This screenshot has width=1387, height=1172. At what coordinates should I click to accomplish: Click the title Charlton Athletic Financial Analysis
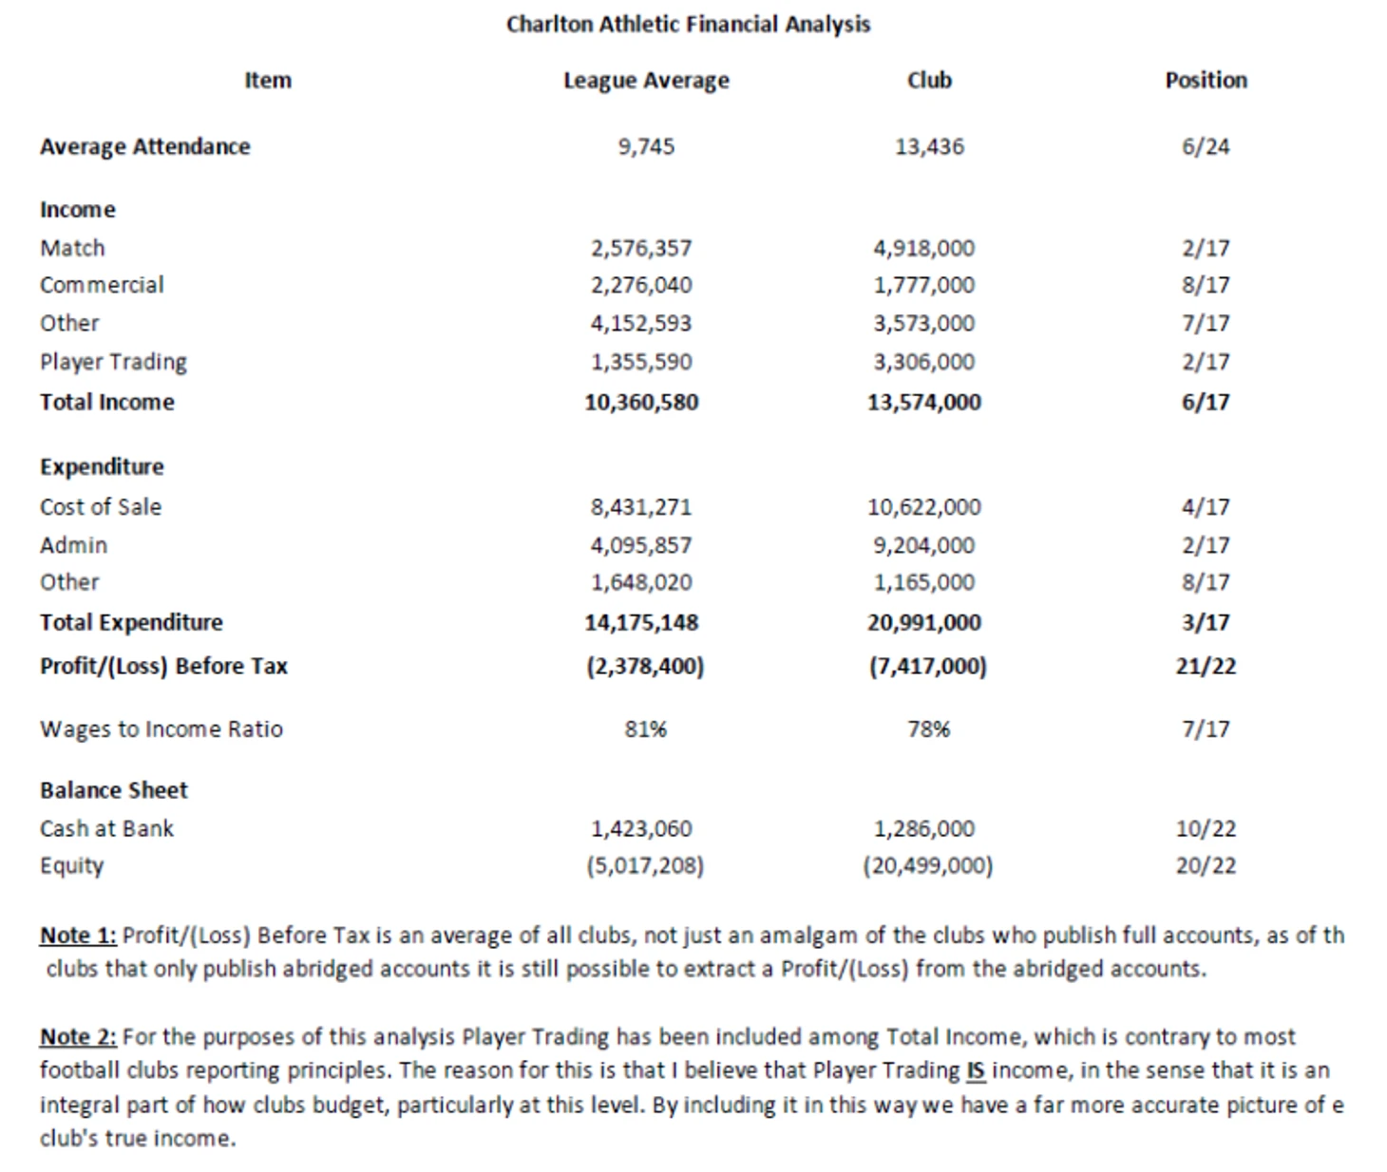pos(688,24)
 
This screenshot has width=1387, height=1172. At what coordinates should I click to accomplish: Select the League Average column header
pos(646,81)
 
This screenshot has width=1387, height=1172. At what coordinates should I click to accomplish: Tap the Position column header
pos(1206,81)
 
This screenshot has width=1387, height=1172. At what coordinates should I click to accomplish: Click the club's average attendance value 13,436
pos(928,147)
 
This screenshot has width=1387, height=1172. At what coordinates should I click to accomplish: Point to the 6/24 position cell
pos(1205,147)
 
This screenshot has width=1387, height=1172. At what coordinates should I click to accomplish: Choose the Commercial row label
pos(102,285)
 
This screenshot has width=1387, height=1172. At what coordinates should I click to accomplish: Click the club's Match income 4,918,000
pos(923,249)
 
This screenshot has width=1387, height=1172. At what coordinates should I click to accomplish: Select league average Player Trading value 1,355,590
pos(641,362)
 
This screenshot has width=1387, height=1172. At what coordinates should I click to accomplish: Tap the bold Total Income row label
pos(107,403)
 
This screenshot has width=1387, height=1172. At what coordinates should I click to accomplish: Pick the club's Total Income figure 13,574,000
pos(923,403)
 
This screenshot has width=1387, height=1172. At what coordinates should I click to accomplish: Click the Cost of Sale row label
pos(101,507)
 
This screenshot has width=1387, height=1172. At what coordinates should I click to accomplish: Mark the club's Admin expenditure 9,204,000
pos(923,545)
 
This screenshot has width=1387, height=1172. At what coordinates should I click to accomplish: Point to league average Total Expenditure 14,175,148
pos(641,623)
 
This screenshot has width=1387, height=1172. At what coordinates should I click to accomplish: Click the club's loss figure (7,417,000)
pos(927,667)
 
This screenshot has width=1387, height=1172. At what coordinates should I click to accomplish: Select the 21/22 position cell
pos(1206,667)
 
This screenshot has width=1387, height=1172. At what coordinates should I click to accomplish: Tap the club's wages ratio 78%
pos(928,729)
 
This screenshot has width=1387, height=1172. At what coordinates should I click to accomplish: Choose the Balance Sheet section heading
pos(114,790)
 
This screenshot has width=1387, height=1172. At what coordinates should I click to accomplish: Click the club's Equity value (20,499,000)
pos(927,866)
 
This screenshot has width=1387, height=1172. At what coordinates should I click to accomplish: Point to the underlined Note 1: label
pos(78,936)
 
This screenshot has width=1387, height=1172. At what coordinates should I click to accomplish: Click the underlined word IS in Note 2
pos(975,1071)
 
